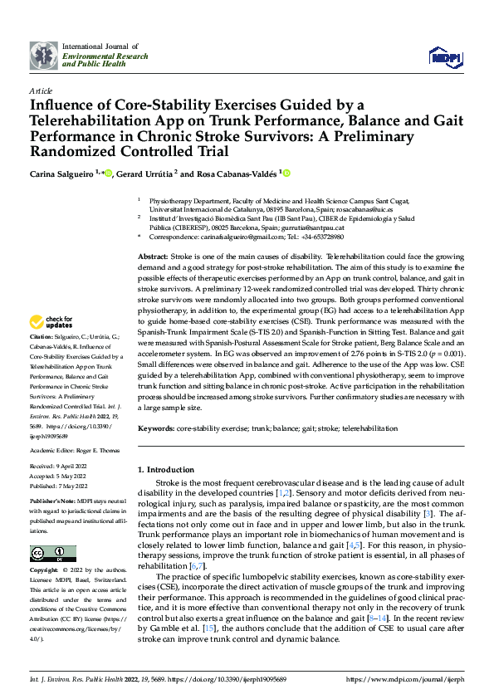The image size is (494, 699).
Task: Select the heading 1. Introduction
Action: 172,469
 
